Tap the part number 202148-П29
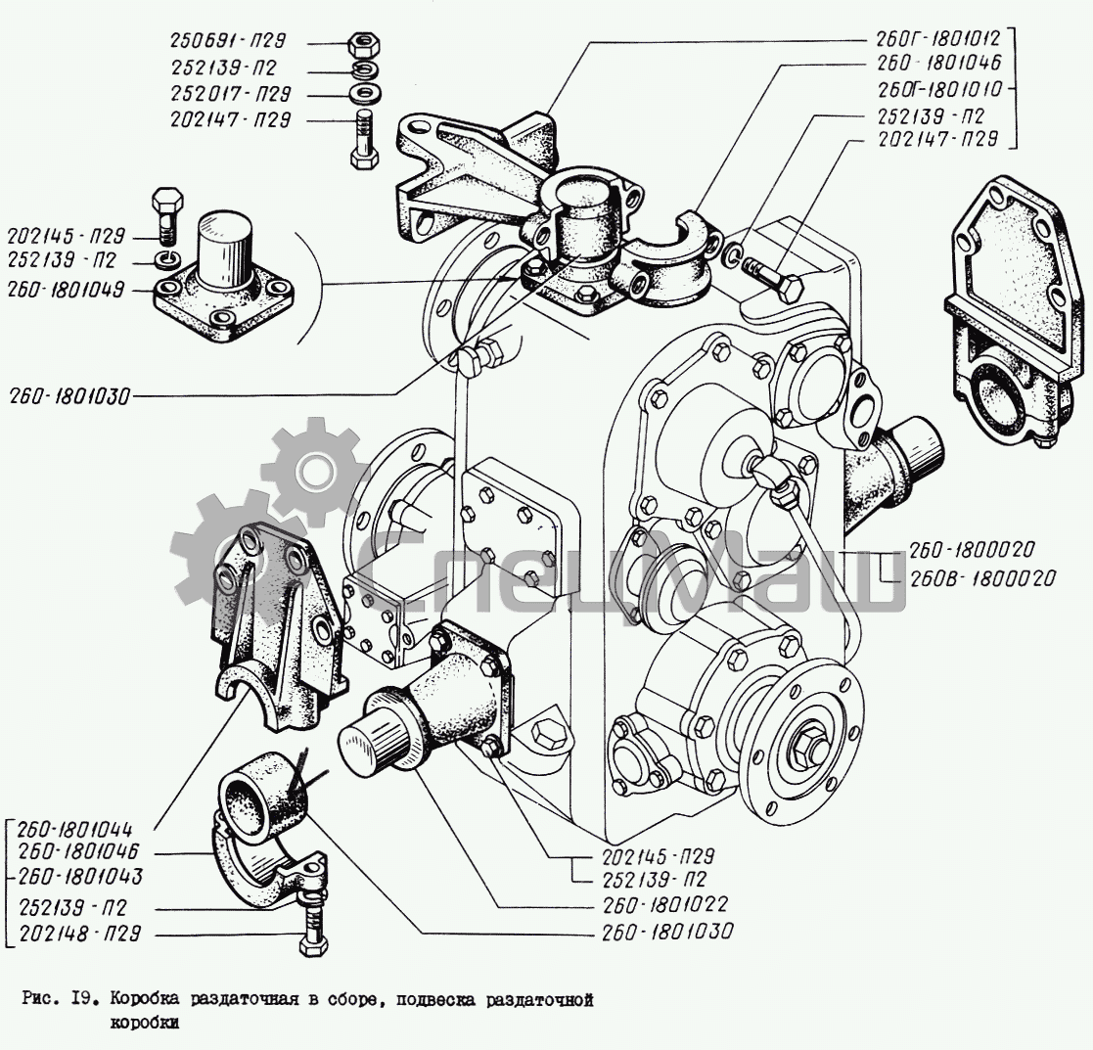point(72,936)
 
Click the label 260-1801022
point(664,902)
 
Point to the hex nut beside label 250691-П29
point(364,44)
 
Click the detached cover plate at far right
point(1008,323)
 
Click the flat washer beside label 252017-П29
point(364,95)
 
